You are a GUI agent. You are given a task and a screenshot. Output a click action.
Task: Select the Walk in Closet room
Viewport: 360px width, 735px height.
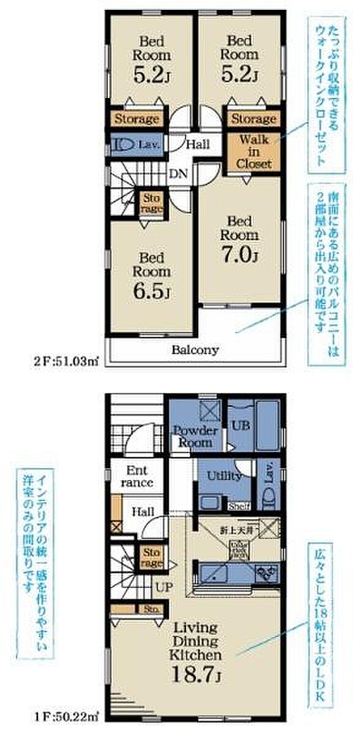point(250,151)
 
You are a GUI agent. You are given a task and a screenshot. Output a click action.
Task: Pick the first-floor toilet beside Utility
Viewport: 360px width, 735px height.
point(269,497)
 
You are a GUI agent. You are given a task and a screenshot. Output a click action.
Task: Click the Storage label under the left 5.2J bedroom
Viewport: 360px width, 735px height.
point(137,119)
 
